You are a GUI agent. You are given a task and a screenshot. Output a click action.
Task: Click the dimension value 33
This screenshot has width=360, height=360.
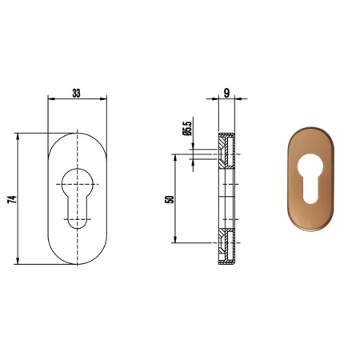point(76,94)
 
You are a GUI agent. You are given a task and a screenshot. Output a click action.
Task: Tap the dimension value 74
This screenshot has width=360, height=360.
point(12,199)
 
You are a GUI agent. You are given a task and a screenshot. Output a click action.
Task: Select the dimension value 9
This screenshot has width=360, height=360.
point(226,93)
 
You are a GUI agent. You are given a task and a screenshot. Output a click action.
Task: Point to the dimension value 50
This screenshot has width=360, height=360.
point(170,199)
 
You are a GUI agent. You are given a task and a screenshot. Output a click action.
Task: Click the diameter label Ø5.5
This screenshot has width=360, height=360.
point(187,129)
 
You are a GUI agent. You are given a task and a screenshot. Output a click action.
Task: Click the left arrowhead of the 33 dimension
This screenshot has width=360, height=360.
point(50,99)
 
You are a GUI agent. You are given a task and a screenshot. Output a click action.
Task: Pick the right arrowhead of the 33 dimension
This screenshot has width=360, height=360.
point(104,99)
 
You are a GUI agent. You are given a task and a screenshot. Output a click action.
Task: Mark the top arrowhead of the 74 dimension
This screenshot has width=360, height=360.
point(18,136)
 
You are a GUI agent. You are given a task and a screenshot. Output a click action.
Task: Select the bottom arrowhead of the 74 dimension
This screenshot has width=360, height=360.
point(18,261)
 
